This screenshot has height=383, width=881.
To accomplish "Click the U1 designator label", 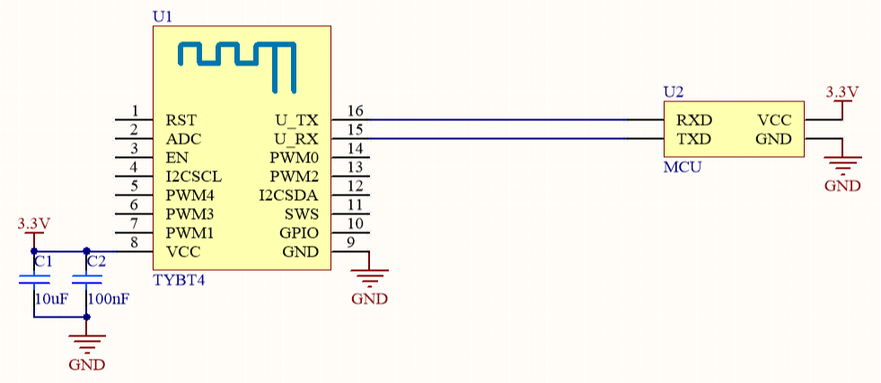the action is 163,17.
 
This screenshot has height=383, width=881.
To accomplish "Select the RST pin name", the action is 180,120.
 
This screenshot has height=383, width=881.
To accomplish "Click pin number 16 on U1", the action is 355,110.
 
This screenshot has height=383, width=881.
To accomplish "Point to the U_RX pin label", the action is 296,139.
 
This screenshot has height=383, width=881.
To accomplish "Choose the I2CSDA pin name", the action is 289,196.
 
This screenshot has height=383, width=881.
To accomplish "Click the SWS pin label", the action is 303,214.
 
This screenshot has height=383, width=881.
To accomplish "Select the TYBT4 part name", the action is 180,279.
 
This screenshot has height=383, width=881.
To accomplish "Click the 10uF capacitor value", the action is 52,299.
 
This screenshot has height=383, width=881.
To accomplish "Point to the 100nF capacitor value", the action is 109,299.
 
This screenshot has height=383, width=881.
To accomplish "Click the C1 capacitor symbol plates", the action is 34,279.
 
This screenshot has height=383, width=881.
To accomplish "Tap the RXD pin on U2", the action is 694,120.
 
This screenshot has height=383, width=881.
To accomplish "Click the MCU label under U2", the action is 683,167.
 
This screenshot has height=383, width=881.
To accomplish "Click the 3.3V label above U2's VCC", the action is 842,91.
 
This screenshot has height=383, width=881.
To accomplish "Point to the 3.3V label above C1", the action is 34,224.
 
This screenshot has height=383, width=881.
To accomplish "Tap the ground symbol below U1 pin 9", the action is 369,278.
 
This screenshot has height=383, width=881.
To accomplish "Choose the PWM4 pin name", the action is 184,196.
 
